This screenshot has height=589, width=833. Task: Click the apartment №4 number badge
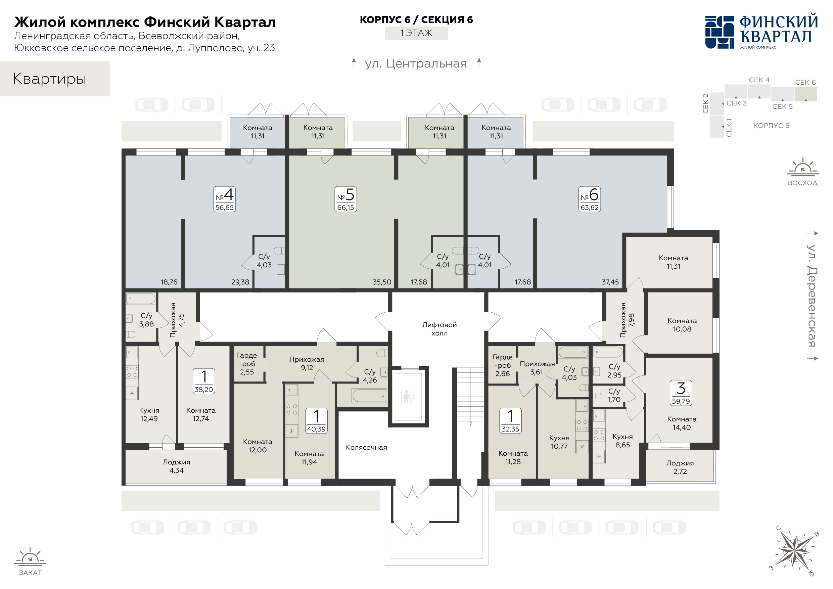point(225,199)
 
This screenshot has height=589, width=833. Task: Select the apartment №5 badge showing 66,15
point(346,199)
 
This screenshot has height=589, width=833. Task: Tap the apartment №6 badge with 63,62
point(590,199)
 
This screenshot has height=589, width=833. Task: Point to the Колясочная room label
point(366,448)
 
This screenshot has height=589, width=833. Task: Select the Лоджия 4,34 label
point(176,466)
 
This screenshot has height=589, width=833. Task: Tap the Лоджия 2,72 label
point(680,467)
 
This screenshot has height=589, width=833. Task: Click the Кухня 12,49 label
point(149,414)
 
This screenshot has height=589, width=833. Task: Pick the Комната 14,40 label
point(682,423)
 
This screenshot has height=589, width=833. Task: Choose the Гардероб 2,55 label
point(247,364)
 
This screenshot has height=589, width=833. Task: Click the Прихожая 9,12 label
point(307,363)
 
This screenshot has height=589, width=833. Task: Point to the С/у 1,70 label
point(614,395)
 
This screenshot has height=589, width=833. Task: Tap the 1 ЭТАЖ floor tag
point(416,33)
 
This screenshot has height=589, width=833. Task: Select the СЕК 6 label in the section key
point(805,82)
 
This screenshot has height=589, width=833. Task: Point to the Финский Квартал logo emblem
point(720,32)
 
